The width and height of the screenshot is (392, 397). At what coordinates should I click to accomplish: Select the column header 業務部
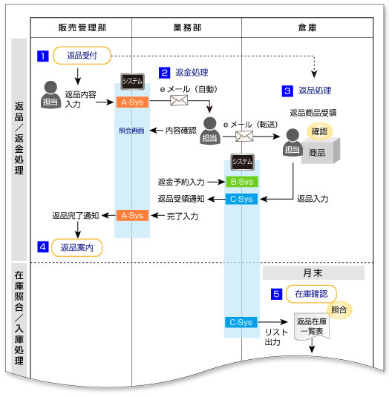186,26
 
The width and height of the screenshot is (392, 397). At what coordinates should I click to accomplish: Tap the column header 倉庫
306,26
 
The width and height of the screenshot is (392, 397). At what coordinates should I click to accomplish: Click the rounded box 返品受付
82,56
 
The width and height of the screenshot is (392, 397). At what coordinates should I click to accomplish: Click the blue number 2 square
165,73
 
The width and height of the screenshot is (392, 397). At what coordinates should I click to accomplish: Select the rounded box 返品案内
76,247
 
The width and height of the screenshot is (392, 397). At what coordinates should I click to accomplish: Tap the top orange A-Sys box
132,102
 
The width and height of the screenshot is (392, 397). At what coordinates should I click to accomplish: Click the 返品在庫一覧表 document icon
310,328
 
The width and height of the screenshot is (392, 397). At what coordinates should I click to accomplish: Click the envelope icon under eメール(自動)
180,100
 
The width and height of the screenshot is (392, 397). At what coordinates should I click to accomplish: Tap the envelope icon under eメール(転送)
244,136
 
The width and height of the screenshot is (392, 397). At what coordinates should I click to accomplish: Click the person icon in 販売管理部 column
50,96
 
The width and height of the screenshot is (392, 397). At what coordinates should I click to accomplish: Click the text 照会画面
132,130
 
